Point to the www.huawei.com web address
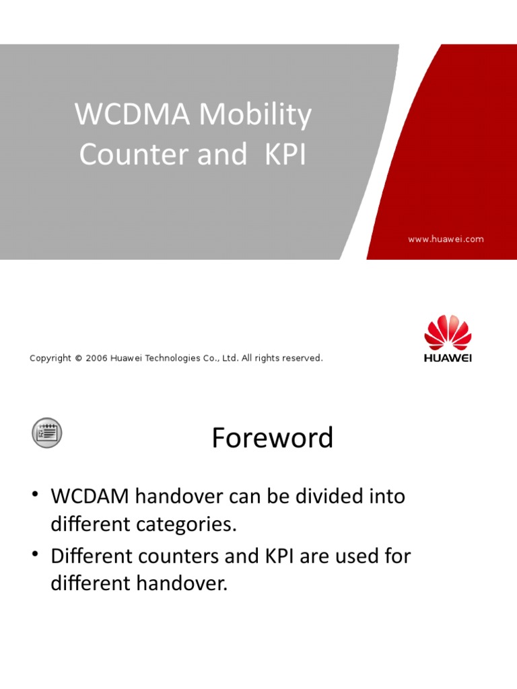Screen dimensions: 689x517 coord(446,239)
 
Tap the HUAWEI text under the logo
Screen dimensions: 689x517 coord(448,358)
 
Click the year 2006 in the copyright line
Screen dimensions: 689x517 coord(97,358)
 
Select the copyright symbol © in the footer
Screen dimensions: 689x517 coord(78,358)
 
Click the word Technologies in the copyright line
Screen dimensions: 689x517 coord(174,358)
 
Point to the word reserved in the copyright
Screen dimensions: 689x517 coord(302,358)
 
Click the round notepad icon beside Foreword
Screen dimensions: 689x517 coord(47,432)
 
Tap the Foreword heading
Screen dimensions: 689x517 coord(273,438)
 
